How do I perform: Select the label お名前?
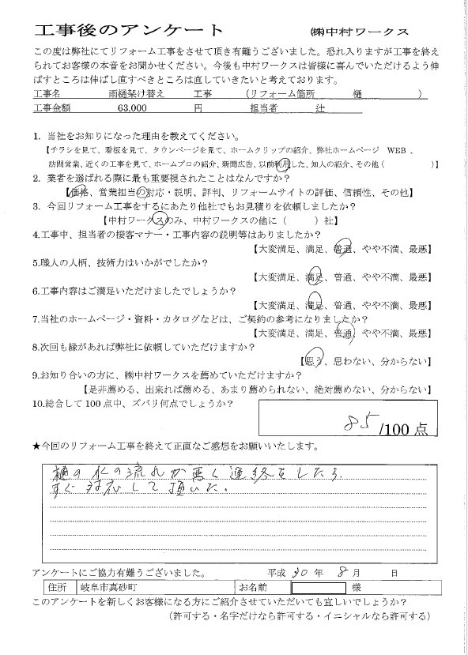click(x=254, y=589)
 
